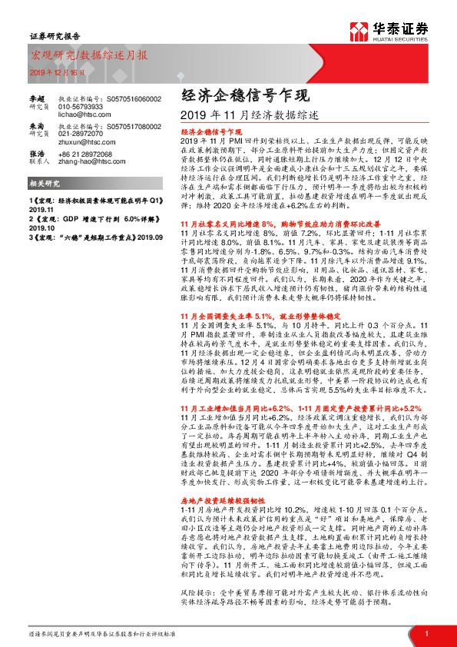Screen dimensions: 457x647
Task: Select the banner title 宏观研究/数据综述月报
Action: pos(89,55)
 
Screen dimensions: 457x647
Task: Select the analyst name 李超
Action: pos(37,99)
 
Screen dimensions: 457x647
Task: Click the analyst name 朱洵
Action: pos(37,125)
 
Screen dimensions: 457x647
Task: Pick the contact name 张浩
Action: pos(37,154)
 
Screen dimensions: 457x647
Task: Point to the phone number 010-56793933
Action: pos(81,106)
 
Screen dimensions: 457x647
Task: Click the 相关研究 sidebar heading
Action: pos(42,184)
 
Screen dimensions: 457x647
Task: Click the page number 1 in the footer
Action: pos(425,632)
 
